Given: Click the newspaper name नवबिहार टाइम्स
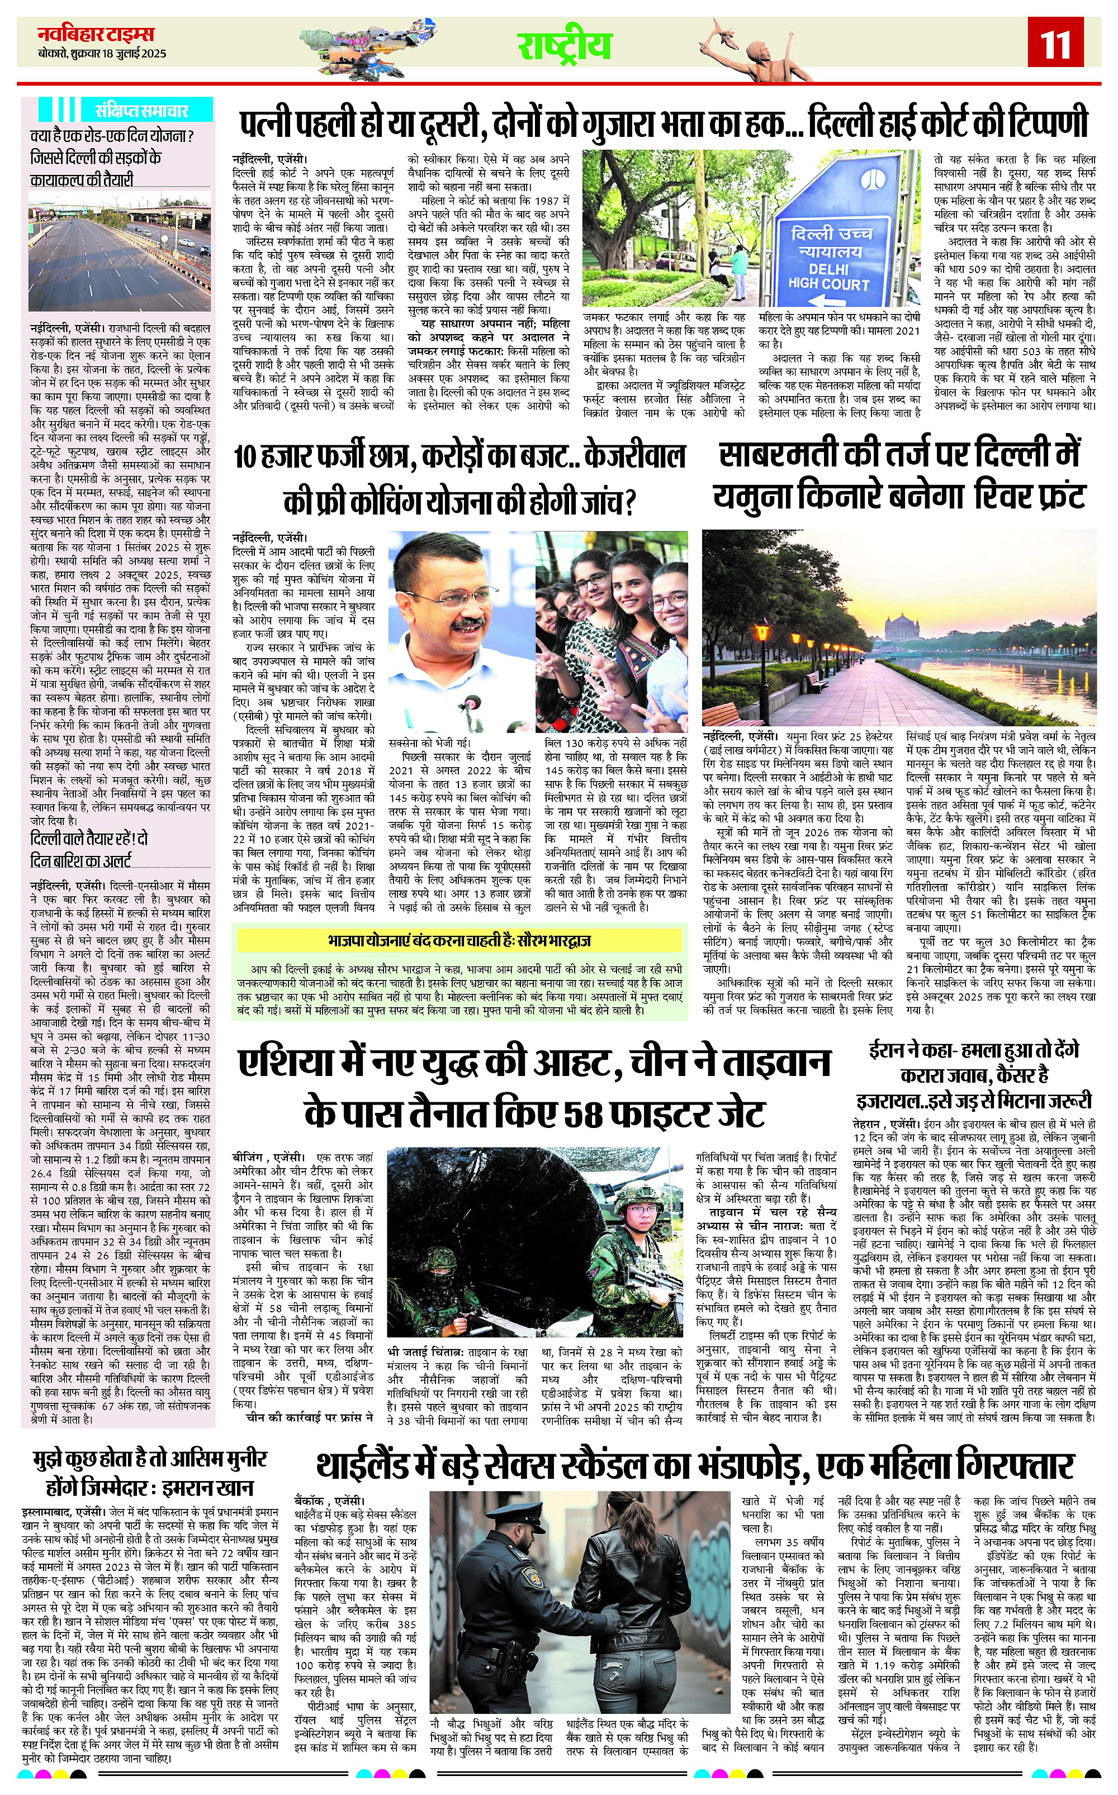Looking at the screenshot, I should point(96,34).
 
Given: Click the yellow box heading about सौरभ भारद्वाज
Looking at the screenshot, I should point(458,941).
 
